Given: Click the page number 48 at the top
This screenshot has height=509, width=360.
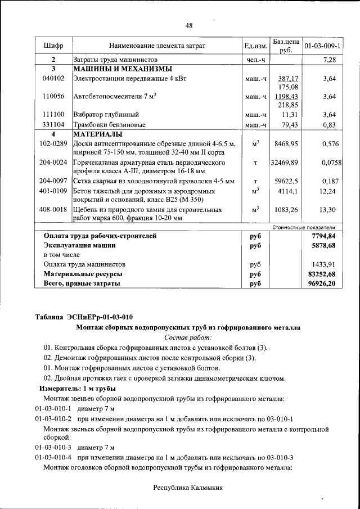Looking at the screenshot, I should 189,25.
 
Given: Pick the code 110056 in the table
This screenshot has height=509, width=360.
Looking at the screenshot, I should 53,97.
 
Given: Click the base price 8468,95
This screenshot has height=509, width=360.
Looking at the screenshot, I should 286,144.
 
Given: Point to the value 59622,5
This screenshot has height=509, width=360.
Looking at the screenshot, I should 286,181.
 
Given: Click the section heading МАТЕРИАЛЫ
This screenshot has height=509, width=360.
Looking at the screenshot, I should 98,135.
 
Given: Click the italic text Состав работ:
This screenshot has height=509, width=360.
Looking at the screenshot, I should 188,337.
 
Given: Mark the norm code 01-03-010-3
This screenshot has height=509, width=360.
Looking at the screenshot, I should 53,448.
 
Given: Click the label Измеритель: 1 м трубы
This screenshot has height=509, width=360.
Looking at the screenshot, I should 77,389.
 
